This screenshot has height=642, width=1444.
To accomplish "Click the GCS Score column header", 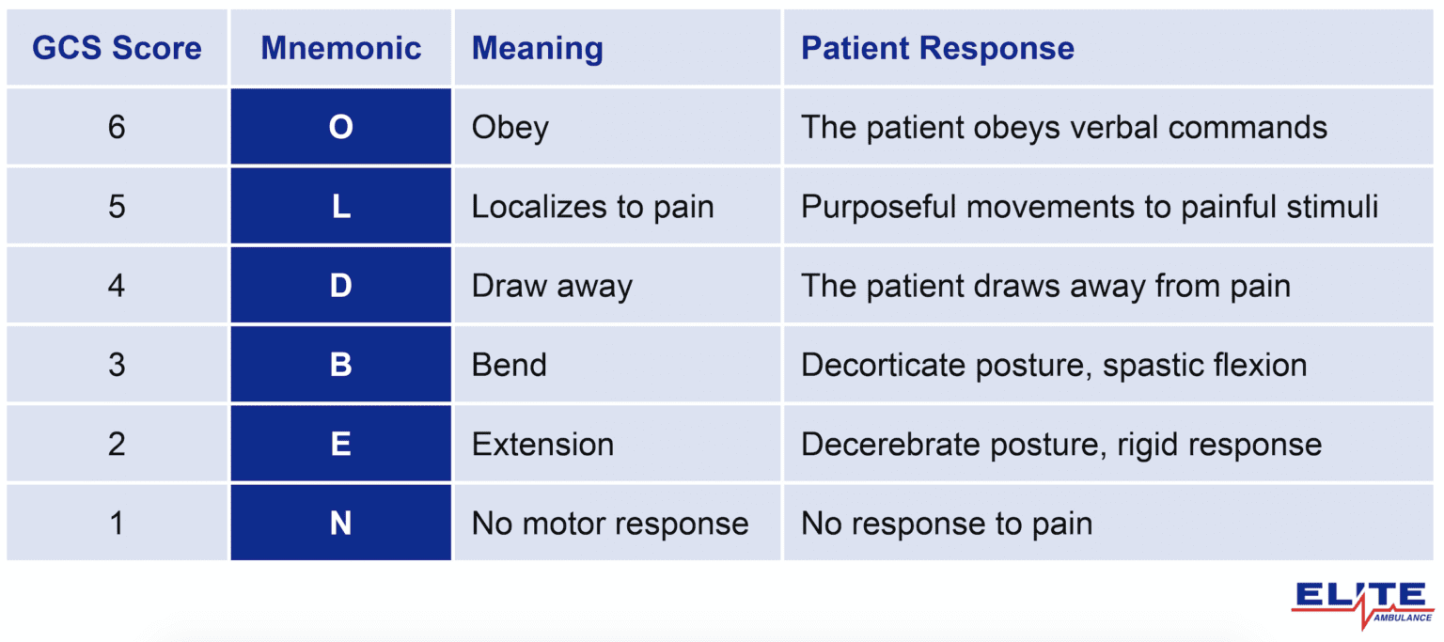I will pyautogui.click(x=117, y=49).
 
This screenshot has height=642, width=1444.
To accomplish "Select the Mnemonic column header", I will pyautogui.click(x=340, y=49).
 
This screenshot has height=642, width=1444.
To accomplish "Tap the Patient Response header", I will pyautogui.click(x=937, y=49).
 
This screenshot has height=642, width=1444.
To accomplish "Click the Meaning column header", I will pyautogui.click(x=537, y=49).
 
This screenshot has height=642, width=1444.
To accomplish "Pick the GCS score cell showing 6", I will pyautogui.click(x=117, y=127).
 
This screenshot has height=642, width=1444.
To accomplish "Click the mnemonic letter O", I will pyautogui.click(x=340, y=127).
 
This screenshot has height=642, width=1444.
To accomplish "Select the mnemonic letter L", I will pyautogui.click(x=340, y=206).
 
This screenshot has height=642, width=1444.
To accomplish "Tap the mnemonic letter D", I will pyautogui.click(x=340, y=286).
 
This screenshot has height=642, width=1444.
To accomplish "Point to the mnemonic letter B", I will pyautogui.click(x=340, y=365).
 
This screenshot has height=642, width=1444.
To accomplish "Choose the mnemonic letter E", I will pyautogui.click(x=340, y=444).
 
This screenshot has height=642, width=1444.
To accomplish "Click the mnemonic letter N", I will pyautogui.click(x=340, y=523).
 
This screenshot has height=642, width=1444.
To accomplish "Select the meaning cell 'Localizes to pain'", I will pyautogui.click(x=592, y=207).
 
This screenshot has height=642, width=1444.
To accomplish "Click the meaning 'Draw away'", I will pyautogui.click(x=552, y=286).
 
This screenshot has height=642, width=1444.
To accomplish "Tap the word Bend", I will pyautogui.click(x=509, y=365).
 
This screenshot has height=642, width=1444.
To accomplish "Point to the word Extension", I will pyautogui.click(x=542, y=444).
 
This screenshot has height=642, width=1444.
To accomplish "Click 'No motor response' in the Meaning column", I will pyautogui.click(x=610, y=523).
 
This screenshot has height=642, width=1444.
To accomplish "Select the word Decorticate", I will pyautogui.click(x=871, y=365).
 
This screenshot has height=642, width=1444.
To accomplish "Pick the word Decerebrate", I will pyautogui.click(x=876, y=444).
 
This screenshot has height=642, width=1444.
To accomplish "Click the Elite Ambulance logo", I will pyautogui.click(x=1362, y=603).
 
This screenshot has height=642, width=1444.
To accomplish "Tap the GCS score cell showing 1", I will pyautogui.click(x=117, y=523).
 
